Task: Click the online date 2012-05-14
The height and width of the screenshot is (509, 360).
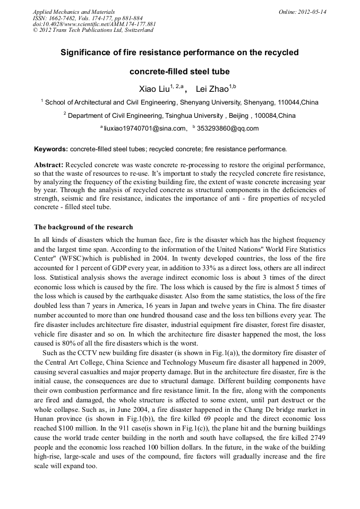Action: [308, 11]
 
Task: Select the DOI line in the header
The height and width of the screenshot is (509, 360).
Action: [94, 24]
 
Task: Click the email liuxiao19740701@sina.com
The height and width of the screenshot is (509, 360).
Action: [145, 128]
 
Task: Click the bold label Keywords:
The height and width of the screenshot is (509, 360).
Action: [51, 149]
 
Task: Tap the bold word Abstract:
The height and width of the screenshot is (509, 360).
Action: [49, 165]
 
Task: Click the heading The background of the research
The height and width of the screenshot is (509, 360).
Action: [83, 227]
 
